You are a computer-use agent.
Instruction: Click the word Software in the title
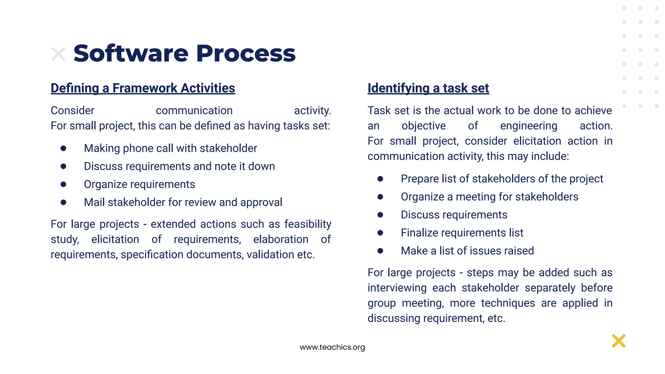[131, 53]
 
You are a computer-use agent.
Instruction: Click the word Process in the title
[246, 53]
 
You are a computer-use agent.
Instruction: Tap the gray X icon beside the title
[58, 54]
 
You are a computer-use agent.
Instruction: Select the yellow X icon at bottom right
[618, 341]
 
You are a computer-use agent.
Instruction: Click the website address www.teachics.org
[332, 347]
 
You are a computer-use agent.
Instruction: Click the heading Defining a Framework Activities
[143, 88]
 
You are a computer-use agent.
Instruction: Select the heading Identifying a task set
[428, 88]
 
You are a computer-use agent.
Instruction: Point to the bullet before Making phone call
[63, 148]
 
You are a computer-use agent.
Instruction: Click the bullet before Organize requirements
[63, 184]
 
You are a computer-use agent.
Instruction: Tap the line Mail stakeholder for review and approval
[183, 202]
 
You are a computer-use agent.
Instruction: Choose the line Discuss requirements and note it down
[179, 166]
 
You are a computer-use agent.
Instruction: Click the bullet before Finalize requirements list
[380, 233]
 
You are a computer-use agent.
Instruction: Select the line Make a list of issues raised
[467, 251]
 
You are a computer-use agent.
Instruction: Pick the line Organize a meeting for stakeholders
[489, 197]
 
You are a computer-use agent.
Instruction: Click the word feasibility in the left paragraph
[307, 224]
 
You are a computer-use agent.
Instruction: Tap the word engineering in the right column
[528, 126]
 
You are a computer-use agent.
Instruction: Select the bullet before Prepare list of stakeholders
[380, 179]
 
